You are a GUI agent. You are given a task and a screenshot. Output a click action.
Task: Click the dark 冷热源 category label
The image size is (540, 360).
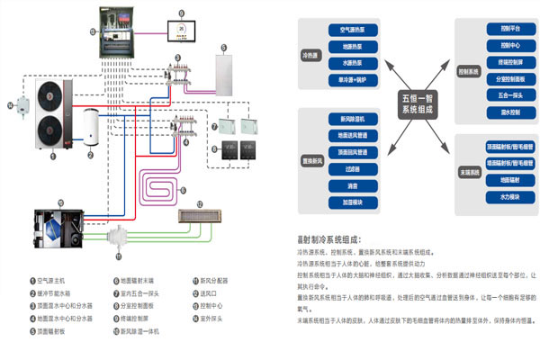pos(311,55)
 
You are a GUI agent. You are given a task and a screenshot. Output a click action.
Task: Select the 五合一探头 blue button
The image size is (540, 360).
pos(504,95)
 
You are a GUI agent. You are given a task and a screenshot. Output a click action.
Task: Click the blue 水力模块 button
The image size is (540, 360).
pos(504,194)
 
